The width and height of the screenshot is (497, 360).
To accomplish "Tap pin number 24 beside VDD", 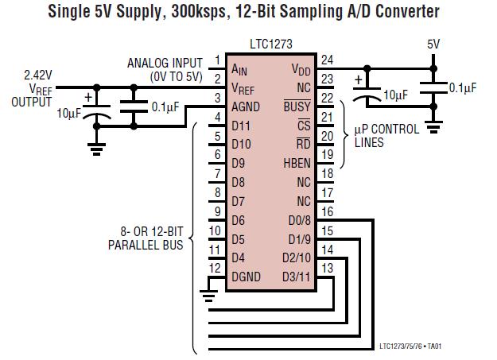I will click(326, 60).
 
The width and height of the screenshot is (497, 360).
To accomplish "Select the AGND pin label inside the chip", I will click(246, 107).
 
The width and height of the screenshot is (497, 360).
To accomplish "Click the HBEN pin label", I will click(296, 162).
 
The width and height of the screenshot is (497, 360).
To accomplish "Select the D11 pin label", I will click(241, 126).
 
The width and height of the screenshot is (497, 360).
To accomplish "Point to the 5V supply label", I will click(433, 45).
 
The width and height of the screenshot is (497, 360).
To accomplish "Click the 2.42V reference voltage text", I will click(38, 77).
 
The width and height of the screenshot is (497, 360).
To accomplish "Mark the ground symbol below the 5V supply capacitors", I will click(433, 125).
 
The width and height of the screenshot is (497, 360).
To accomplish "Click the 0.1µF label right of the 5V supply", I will click(462, 88).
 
